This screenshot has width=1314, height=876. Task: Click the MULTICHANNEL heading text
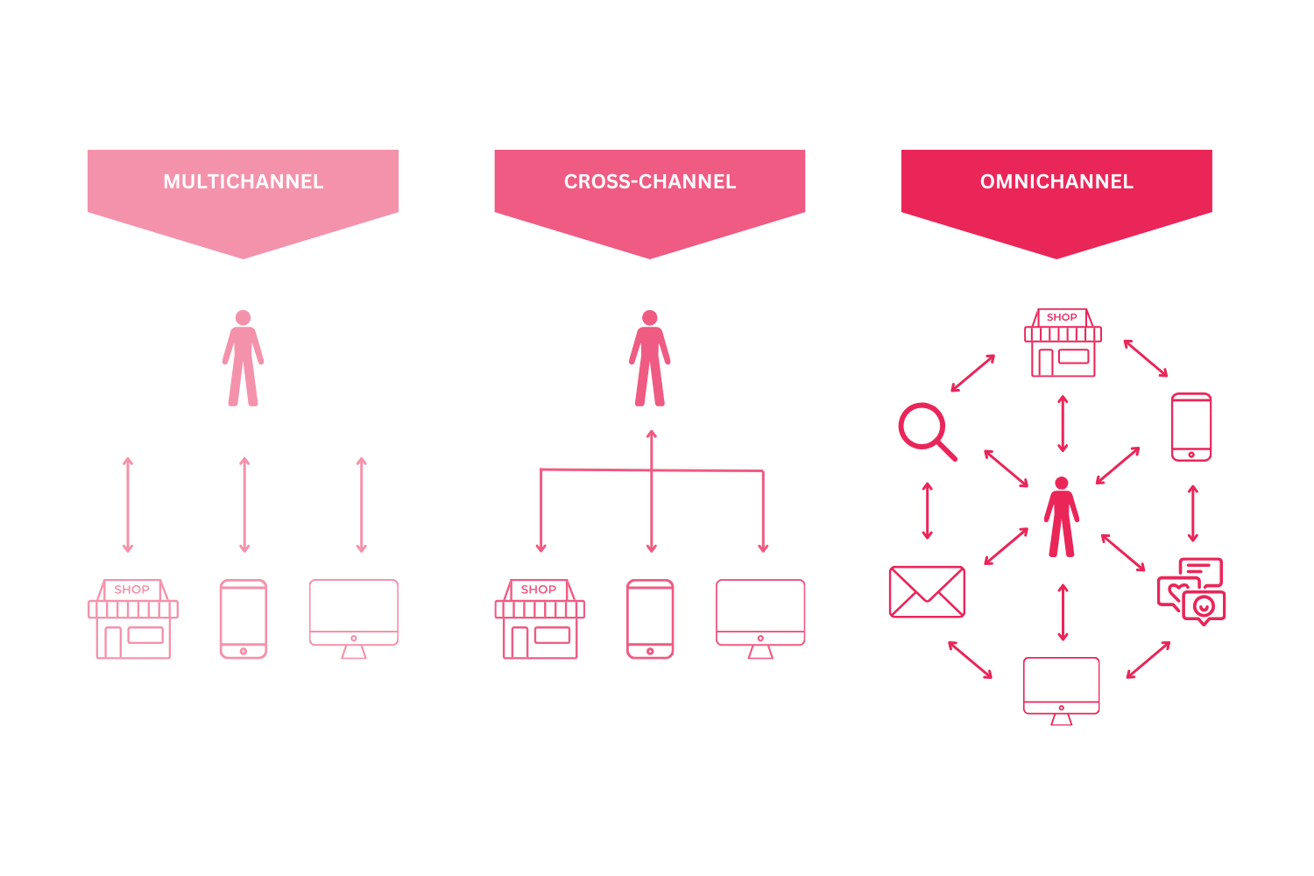coord(244,181)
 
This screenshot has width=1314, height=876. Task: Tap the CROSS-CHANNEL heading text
coord(650,181)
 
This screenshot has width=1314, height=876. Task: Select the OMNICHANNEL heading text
coord(1056,181)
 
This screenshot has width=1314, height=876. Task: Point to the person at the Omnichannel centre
coord(1062,517)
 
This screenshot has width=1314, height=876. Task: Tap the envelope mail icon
coord(927,591)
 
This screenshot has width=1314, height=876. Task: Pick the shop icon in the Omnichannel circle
coord(1063,343)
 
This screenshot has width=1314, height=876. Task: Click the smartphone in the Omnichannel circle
coord(1191,427)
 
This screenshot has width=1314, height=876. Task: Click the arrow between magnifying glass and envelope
coord(928,511)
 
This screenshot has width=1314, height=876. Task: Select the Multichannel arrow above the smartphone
coord(244,505)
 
